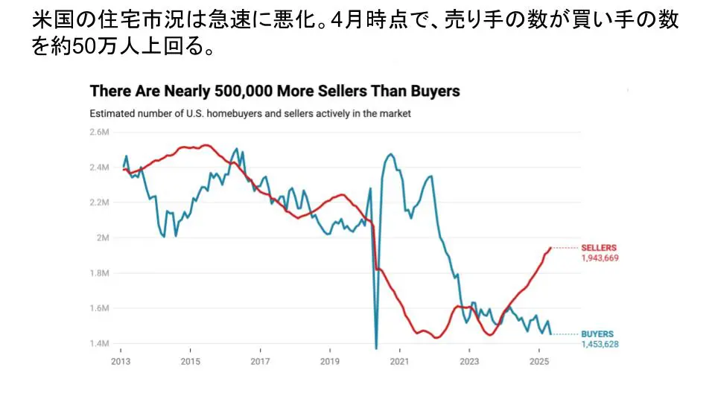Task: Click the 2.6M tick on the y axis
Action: coord(98,132)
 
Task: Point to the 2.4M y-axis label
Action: coord(98,167)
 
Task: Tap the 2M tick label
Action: coord(102,238)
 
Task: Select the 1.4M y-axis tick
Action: coord(98,344)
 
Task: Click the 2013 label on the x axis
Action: coord(121,361)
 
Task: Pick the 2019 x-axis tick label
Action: coord(330,361)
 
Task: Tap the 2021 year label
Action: coord(400,361)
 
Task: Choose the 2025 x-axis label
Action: coord(539,361)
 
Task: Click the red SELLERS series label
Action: coord(599,248)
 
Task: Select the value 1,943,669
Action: coord(600,258)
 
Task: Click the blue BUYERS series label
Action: coord(597,334)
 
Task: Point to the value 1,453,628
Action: coord(600,345)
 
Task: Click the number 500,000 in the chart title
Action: coord(252,92)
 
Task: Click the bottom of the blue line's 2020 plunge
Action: coord(376,347)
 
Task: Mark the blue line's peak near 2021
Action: coord(390,155)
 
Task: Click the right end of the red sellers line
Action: coord(550,248)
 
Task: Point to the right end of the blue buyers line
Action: coord(550,334)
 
